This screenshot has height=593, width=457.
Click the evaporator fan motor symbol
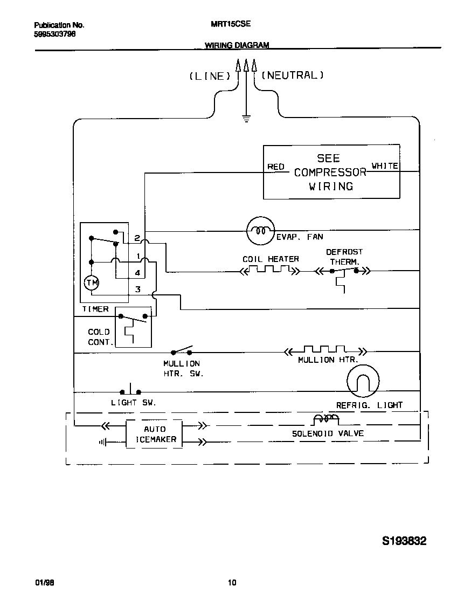pyautogui.click(x=261, y=231)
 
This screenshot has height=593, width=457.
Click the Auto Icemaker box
pyautogui.click(x=154, y=434)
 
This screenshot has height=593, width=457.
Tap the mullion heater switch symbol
pyautogui.click(x=182, y=351)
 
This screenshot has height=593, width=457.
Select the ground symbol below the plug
pyautogui.click(x=246, y=119)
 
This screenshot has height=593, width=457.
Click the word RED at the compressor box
pyautogui.click(x=276, y=167)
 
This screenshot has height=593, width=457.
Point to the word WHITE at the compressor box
pyautogui.click(x=385, y=166)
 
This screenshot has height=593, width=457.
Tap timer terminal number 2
pyautogui.click(x=137, y=238)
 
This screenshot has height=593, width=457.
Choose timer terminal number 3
pyautogui.click(x=137, y=289)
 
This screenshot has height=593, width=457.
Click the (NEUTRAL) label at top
pyautogui.click(x=293, y=75)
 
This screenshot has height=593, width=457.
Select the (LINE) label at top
pyautogui.click(x=210, y=76)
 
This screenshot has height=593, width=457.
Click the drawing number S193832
pyautogui.click(x=404, y=541)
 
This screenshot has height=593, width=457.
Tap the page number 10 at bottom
pyautogui.click(x=232, y=582)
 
